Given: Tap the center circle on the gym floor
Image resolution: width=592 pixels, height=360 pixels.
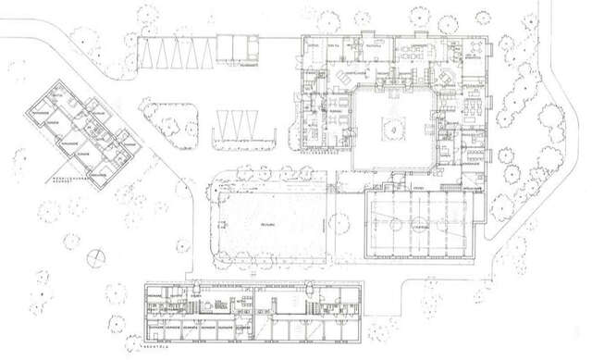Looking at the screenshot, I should click(x=422, y=222).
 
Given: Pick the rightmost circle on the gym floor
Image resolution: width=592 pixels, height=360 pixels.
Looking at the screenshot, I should click(x=463, y=222).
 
